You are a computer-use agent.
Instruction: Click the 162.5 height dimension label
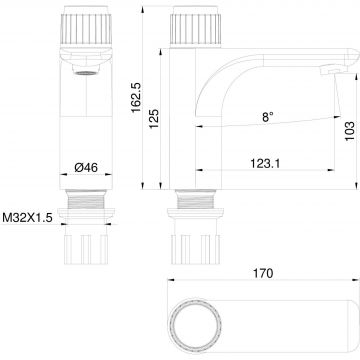pyautogui.click(x=136, y=98)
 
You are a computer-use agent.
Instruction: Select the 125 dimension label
pyautogui.click(x=154, y=118)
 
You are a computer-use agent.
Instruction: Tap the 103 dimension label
pyautogui.click(x=350, y=131)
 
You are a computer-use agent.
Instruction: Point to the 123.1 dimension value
pyautogui.click(x=265, y=163)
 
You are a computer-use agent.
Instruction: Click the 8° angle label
pyautogui.click(x=268, y=117)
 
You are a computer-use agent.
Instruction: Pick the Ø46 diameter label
pyautogui.click(x=86, y=167)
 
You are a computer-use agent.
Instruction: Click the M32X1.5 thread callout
pyautogui.click(x=28, y=218)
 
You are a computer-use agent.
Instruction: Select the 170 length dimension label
pyautogui.click(x=263, y=273)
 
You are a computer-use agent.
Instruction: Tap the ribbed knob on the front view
pyautogui.click(x=86, y=25)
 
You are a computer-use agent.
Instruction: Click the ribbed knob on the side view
pyautogui.click(x=195, y=25)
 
